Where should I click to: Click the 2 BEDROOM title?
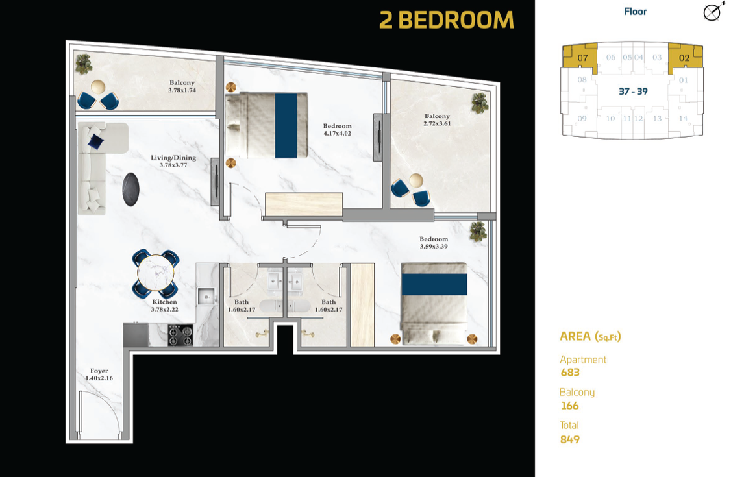tap(447, 20)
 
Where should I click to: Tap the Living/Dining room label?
tap(173, 158)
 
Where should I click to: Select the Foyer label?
tap(99, 371)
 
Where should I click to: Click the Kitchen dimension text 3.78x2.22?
tap(165, 310)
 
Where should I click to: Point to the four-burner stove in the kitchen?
tap(180, 336)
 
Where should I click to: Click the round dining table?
tap(156, 274)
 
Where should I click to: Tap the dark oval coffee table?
tap(131, 190)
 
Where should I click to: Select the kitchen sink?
tap(206, 297)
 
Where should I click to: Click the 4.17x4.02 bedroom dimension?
tap(338, 134)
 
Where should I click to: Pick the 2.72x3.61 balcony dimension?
tap(437, 124)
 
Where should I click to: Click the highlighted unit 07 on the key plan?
tap(579, 56)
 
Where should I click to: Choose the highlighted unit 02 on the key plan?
tap(686, 56)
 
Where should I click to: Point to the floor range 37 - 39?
tap(633, 92)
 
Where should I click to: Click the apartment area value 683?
tap(570, 373)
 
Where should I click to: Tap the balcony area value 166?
tap(569, 406)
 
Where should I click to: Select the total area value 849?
tap(570, 439)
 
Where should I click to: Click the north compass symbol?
tap(713, 12)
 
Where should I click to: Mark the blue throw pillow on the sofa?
tap(95, 141)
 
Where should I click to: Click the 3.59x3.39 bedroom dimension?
tap(433, 247)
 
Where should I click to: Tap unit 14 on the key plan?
tap(683, 119)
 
